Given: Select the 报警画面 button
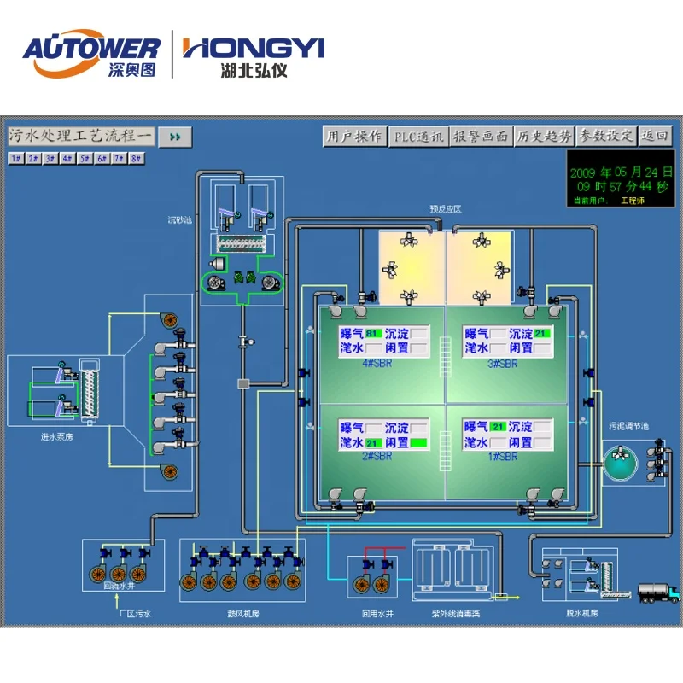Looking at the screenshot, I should [x=481, y=137].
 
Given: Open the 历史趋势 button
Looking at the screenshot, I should [x=544, y=137].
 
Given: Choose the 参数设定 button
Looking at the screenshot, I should [x=607, y=137].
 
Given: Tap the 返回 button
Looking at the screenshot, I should [x=656, y=137].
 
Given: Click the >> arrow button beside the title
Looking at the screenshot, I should [x=176, y=137].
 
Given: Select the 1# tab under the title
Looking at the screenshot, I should [x=15, y=158].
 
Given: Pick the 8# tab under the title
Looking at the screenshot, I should [x=136, y=158].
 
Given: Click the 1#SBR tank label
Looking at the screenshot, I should [x=501, y=457].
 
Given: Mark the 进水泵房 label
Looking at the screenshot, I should [x=58, y=437].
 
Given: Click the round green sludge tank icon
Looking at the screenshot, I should [x=621, y=461].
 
